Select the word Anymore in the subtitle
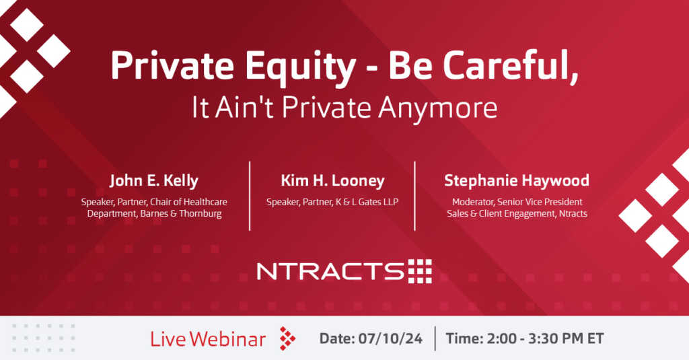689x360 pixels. [x=437, y=108]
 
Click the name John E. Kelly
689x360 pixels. [x=154, y=180]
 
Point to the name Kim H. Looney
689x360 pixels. [x=332, y=180]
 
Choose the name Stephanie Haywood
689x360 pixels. [x=517, y=180]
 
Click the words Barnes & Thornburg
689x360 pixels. [x=181, y=213]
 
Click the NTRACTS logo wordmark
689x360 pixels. [x=330, y=271]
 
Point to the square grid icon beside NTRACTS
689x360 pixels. [x=420, y=271]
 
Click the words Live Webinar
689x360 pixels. [x=208, y=339]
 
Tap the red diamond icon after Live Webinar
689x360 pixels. [x=287, y=338]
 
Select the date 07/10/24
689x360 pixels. [x=390, y=338]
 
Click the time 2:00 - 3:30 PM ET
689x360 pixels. [x=543, y=338]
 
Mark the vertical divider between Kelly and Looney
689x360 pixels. [x=250, y=196]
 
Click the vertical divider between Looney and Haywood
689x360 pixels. [x=414, y=196]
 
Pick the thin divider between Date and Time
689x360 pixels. [x=435, y=338]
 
